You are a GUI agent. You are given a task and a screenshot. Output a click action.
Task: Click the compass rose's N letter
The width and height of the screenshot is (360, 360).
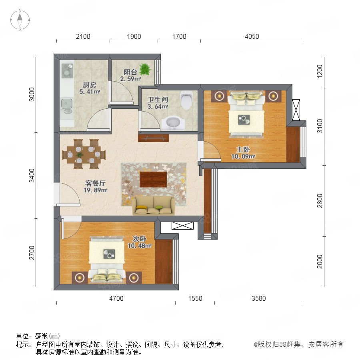(x=20, y=10)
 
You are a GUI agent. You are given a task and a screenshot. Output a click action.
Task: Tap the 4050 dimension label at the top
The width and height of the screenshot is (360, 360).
(x=252, y=36)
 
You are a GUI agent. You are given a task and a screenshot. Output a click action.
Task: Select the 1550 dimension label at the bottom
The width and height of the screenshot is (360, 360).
(x=195, y=298)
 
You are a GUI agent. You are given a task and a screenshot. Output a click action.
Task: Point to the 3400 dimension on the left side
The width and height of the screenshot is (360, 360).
(x=32, y=176)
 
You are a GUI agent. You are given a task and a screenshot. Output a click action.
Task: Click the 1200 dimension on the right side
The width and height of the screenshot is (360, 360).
(x=320, y=72)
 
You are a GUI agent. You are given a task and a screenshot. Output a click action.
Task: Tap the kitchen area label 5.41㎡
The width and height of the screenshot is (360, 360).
(x=90, y=92)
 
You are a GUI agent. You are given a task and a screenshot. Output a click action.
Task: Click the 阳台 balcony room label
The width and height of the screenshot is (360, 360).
(x=130, y=72)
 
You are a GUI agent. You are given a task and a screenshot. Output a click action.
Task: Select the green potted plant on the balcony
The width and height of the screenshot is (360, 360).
(x=145, y=69)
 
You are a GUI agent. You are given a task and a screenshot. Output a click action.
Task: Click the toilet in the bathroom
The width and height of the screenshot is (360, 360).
(x=186, y=100)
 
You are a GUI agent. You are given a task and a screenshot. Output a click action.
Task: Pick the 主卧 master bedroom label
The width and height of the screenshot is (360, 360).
(x=243, y=150)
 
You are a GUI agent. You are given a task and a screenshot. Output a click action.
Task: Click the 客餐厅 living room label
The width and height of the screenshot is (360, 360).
(x=95, y=183)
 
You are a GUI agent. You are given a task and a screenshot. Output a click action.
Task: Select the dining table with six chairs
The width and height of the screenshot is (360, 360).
(x=84, y=154)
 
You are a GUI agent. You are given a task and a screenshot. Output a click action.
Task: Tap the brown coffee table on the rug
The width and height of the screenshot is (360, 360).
(x=153, y=179)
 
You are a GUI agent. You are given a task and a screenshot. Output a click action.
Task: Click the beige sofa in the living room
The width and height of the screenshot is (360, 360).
(x=154, y=206)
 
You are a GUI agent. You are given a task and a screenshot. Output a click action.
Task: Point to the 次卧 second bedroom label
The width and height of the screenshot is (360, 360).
(x=139, y=239)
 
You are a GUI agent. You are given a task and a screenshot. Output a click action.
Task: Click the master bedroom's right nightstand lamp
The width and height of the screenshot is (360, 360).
(x=273, y=96)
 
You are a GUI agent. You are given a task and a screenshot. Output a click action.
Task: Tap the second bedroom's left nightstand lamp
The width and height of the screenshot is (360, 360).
(x=80, y=278)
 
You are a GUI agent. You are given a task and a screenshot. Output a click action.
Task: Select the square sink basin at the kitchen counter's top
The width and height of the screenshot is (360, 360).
(x=67, y=70)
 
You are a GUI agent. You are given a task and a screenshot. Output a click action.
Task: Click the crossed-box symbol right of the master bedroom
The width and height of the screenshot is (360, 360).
(x=296, y=110)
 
